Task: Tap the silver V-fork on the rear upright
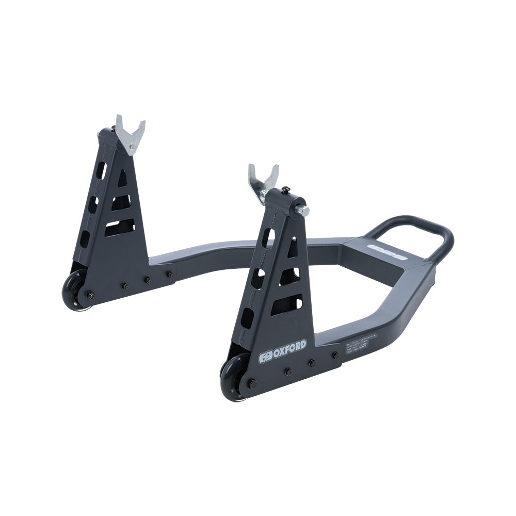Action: coord(130,132)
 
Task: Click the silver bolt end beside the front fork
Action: coord(303,211)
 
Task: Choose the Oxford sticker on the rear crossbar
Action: coord(386,253)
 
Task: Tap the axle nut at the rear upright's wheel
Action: coord(90,295)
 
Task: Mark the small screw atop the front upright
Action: coord(285,190)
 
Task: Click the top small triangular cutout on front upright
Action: coord(292,248)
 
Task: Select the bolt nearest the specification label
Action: coord(335,355)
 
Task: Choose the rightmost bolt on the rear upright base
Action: coord(169,274)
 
